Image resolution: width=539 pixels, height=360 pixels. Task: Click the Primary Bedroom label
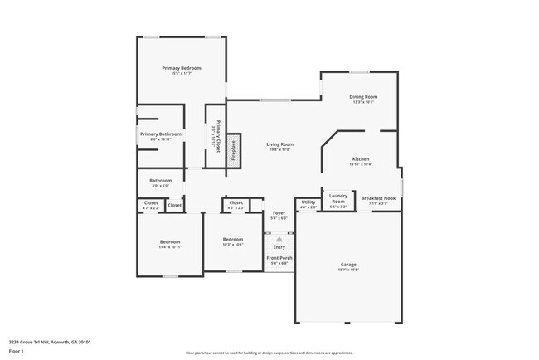pyautogui.click(x=181, y=68)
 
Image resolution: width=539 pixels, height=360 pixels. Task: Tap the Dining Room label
pyautogui.click(x=364, y=97)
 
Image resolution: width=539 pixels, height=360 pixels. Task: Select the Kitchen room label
pyautogui.click(x=361, y=158)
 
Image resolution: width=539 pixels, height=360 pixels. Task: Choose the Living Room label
pyautogui.click(x=280, y=144)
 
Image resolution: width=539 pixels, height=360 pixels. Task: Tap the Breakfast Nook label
pyautogui.click(x=378, y=198)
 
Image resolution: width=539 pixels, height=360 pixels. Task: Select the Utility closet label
pyautogui.click(x=308, y=202)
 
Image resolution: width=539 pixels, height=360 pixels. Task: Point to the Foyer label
pyautogui.click(x=279, y=213)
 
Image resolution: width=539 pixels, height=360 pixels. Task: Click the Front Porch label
pyautogui.click(x=279, y=258)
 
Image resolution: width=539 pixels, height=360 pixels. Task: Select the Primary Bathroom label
pyautogui.click(x=160, y=134)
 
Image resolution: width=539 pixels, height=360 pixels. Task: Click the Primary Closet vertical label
pyautogui.click(x=217, y=135)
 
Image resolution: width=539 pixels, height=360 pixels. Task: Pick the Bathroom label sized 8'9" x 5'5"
pyautogui.click(x=160, y=181)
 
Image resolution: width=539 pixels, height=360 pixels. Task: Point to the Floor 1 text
pyautogui.click(x=17, y=351)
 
